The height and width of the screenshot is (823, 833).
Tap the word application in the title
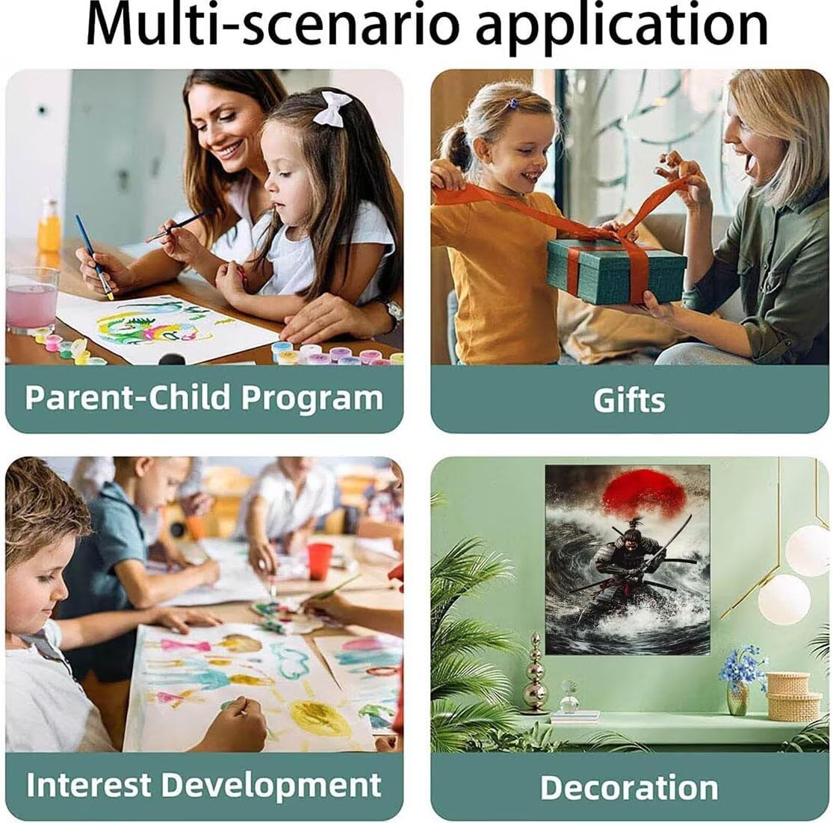click(622, 29)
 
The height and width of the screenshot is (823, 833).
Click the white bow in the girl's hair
click(332, 108)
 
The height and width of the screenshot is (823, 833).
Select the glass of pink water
click(31, 301)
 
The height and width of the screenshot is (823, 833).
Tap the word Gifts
click(629, 400)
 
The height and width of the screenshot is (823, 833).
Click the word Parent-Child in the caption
click(127, 397)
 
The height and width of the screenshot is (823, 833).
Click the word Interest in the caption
click(89, 784)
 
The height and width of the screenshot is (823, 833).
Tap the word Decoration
click(629, 787)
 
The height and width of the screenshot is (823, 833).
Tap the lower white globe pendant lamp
click(784, 599)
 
